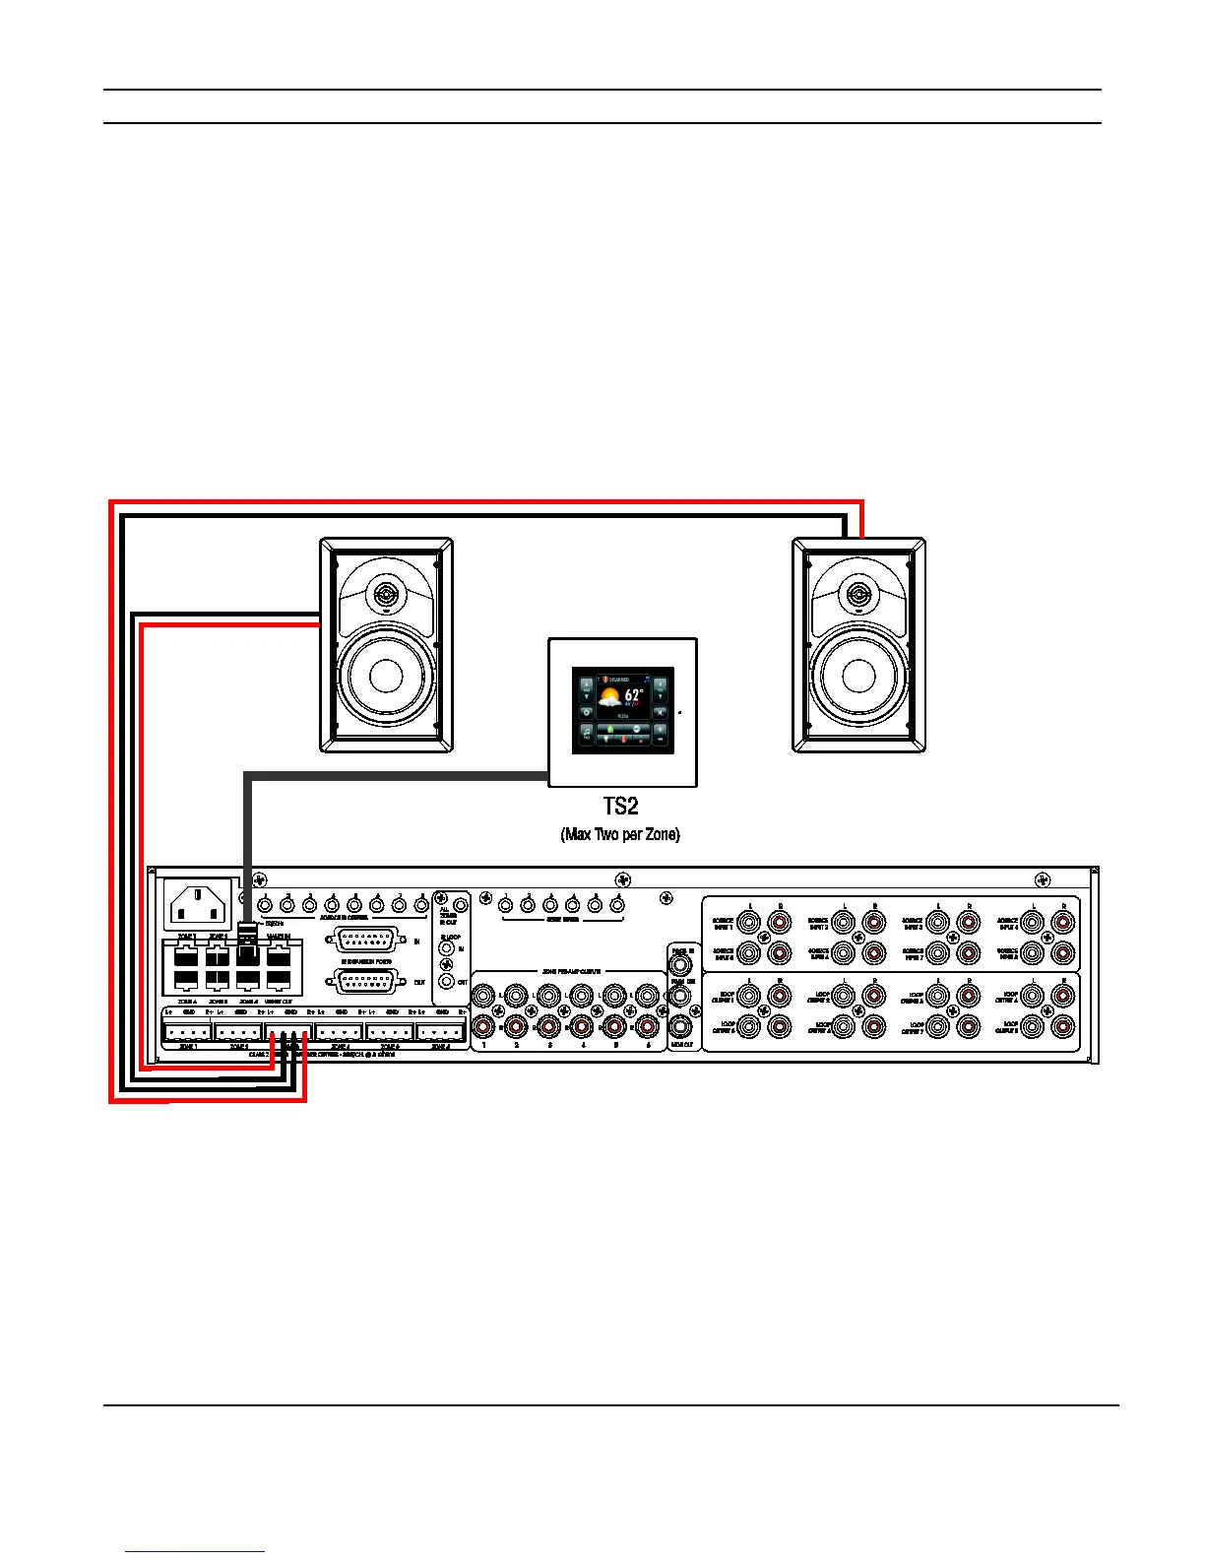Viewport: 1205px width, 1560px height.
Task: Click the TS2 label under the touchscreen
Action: [620, 807]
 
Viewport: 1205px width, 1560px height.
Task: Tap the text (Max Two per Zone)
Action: [620, 835]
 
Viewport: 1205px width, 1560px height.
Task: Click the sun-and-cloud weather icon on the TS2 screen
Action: [610, 699]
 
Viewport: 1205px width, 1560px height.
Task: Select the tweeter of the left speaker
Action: [386, 595]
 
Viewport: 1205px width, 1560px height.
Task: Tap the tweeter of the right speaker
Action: [858, 595]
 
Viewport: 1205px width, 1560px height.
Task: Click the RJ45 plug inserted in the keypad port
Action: [248, 943]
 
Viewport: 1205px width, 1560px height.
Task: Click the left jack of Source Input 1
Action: [749, 924]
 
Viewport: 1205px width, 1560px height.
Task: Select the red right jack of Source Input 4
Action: [1063, 924]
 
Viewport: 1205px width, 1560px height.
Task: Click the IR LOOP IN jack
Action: [447, 947]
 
